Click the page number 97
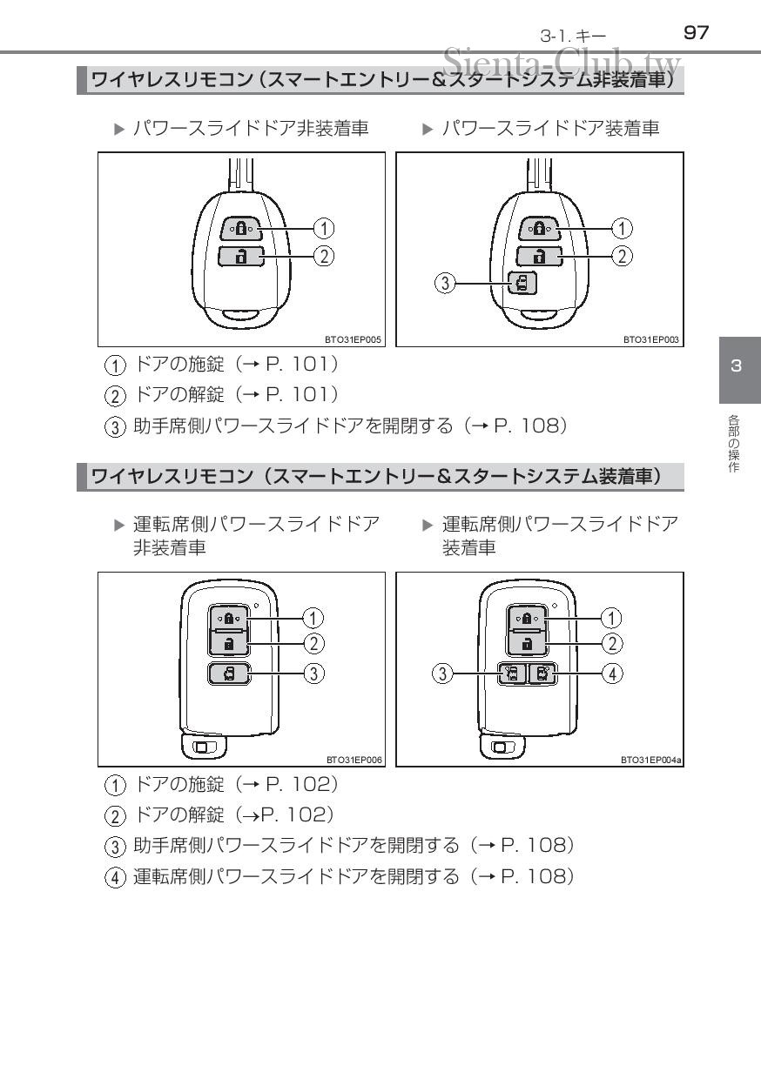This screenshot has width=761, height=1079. click(697, 33)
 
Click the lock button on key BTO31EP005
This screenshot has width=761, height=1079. click(240, 229)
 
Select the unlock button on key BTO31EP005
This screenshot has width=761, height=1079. click(240, 256)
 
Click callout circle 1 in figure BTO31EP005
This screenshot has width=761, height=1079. click(323, 229)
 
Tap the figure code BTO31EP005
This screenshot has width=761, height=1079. click(355, 341)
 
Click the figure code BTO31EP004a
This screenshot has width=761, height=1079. click(650, 760)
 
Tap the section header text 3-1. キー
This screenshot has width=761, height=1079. click(573, 35)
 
